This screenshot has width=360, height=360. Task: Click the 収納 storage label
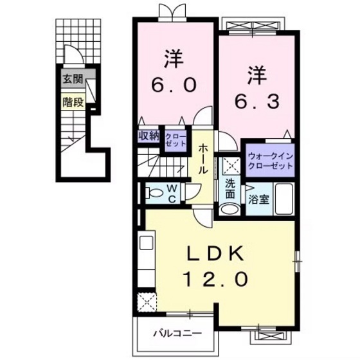point(148,136)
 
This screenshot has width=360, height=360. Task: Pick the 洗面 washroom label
point(230,186)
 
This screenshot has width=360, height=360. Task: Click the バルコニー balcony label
point(177,333)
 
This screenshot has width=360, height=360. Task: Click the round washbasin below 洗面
point(228,210)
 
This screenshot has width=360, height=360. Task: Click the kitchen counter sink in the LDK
point(145,244)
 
